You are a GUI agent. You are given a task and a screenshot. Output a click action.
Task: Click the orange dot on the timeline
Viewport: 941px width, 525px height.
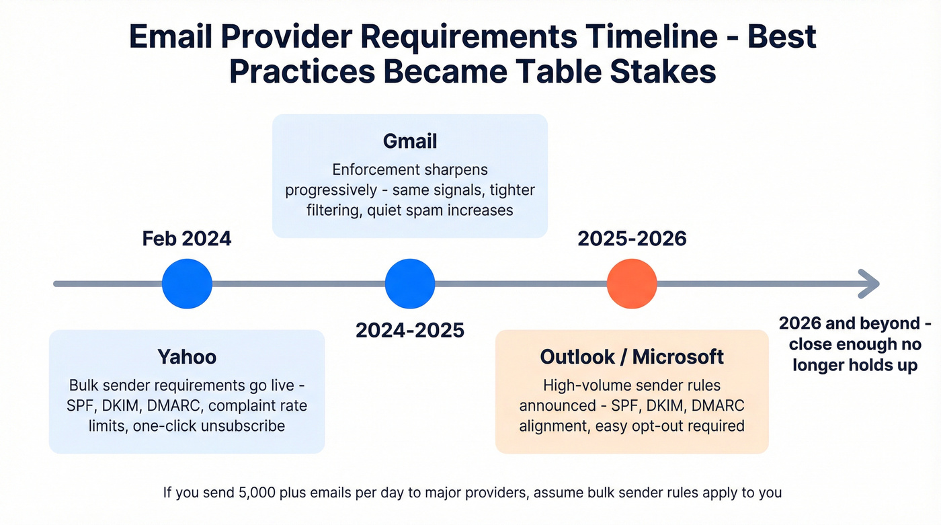[631, 283]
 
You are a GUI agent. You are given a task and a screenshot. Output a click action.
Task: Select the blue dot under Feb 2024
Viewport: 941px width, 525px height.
[187, 283]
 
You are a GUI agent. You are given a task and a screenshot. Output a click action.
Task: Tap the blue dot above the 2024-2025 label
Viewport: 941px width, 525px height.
[409, 283]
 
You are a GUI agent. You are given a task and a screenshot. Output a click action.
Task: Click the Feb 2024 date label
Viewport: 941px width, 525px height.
[187, 239]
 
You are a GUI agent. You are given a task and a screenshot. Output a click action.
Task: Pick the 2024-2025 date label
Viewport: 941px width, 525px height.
[410, 330]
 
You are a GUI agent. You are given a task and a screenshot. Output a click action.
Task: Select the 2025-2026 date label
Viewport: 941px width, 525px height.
[632, 239]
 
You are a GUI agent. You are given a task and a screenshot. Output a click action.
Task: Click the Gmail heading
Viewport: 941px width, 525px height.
[410, 141]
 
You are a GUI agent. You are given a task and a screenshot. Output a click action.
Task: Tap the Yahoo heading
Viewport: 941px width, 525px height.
[187, 356]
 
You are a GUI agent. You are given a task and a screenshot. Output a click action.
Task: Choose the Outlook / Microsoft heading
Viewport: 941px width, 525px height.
[632, 356]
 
